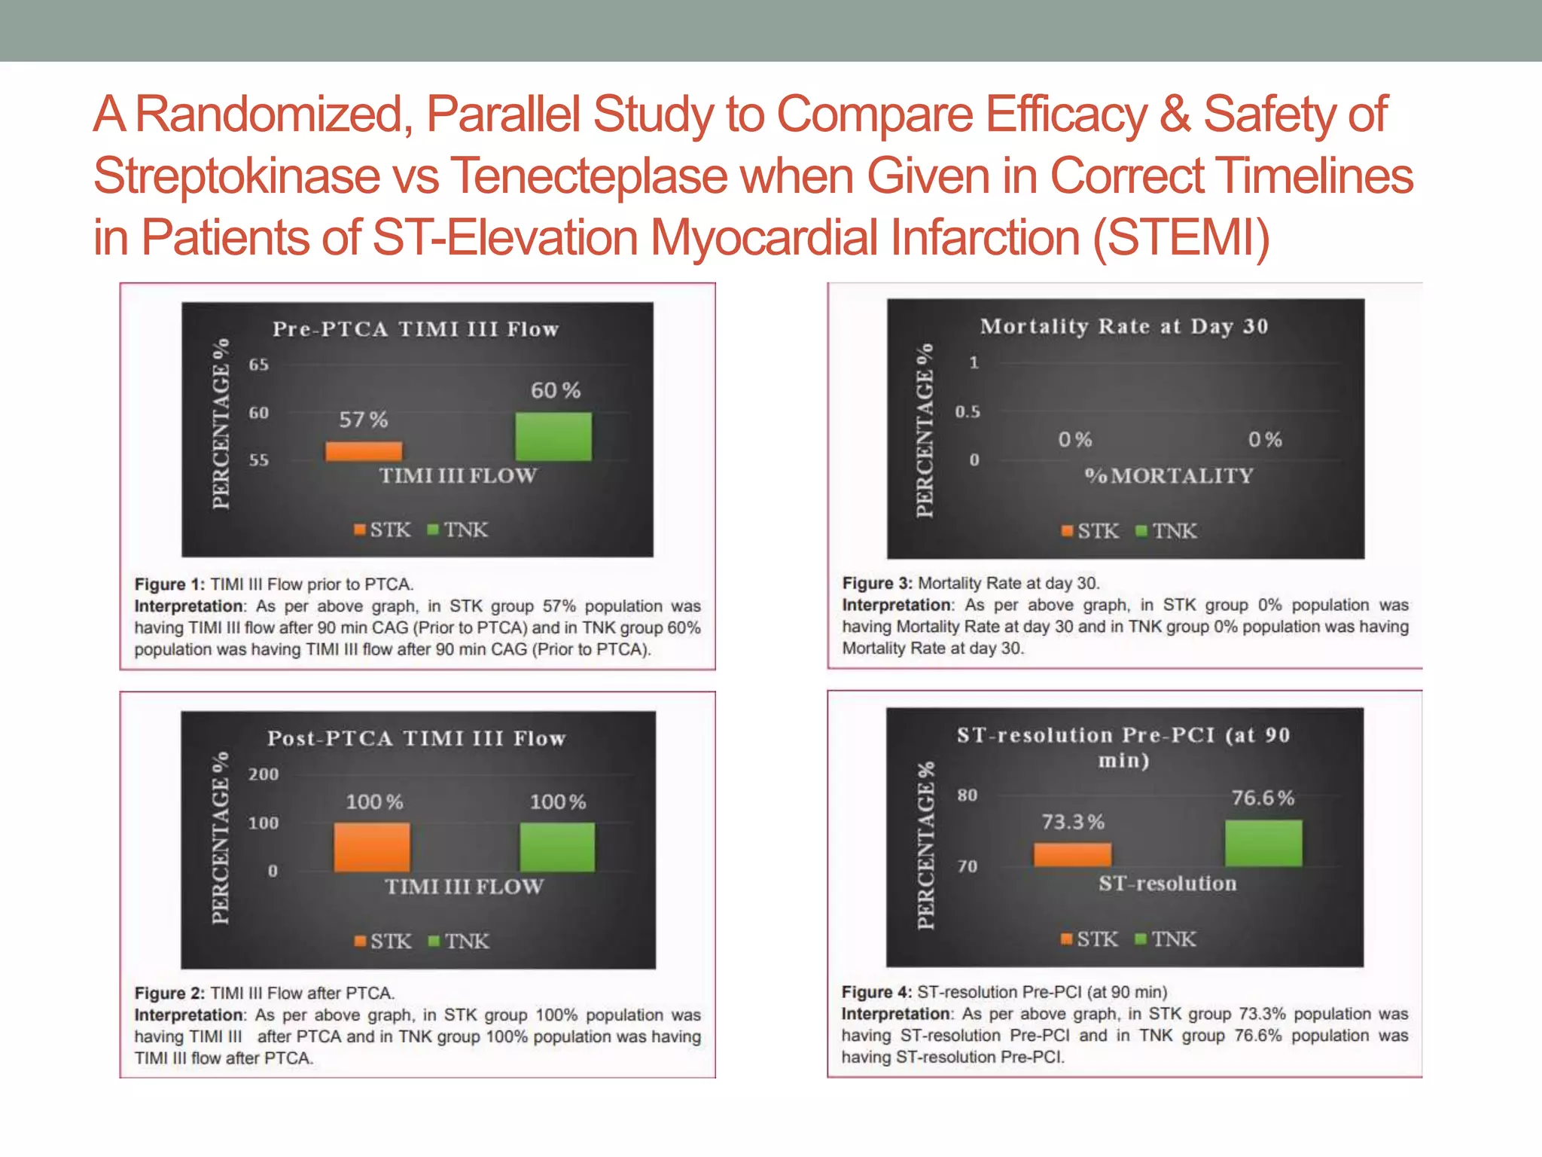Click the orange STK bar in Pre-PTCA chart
coord(364,451)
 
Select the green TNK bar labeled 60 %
coord(553,436)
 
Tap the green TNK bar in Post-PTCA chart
coord(557,847)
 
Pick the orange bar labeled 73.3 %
coord(1072,854)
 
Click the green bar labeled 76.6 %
coord(1263,843)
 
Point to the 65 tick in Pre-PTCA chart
coord(258,365)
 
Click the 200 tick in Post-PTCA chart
coord(264,774)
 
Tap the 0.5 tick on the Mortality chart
coord(968,412)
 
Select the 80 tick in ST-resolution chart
coord(968,795)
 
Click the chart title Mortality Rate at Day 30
coord(1124,326)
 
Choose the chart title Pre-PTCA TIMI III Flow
coord(416,329)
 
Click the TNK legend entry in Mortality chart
coord(1166,531)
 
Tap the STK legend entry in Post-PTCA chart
coord(383,941)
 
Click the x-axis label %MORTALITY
coord(1169,476)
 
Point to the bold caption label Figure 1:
coord(169,585)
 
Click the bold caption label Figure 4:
coord(876,992)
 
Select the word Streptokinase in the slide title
coord(236,176)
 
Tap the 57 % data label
coord(364,420)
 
